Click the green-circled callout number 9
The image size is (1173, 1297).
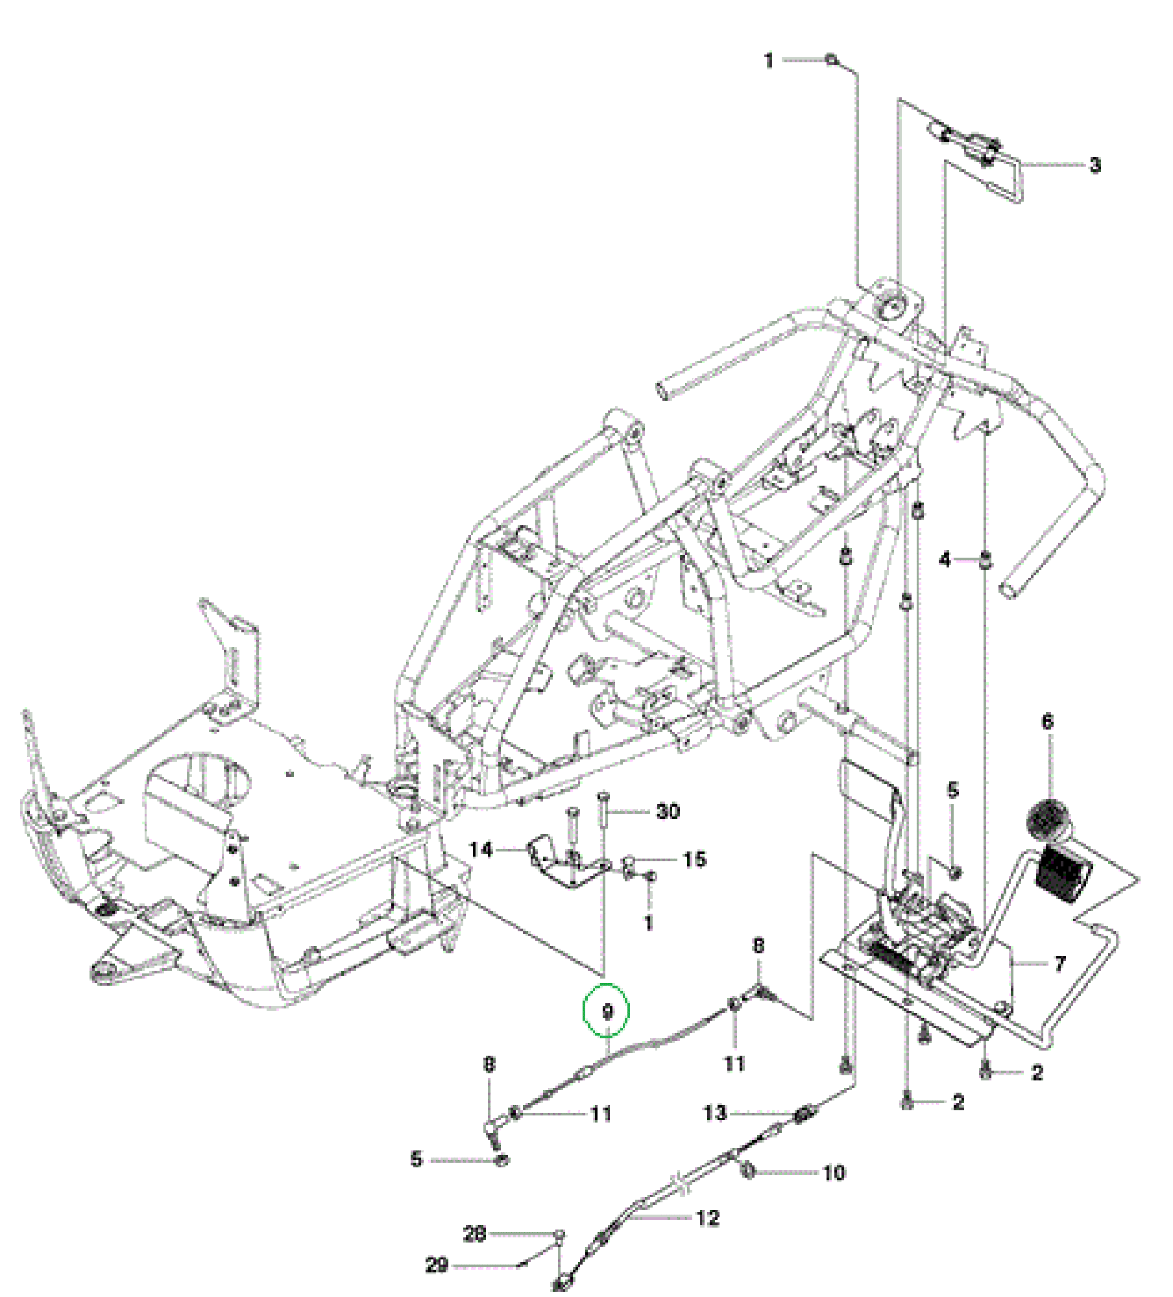pyautogui.click(x=607, y=1012)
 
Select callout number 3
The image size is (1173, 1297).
pyautogui.click(x=1095, y=165)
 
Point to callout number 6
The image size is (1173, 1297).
pyautogui.click(x=1048, y=722)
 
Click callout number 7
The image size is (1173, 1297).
pyautogui.click(x=1060, y=964)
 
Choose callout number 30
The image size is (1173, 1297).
pyautogui.click(x=668, y=811)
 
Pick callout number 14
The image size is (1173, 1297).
pyautogui.click(x=481, y=850)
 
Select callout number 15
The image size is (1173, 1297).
pyautogui.click(x=694, y=859)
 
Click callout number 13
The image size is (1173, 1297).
pyautogui.click(x=715, y=1113)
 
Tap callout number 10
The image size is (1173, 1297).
pyautogui.click(x=834, y=1172)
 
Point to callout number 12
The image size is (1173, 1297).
pyautogui.click(x=708, y=1218)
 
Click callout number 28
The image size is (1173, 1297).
pyautogui.click(x=474, y=1233)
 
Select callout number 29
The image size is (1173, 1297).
pyautogui.click(x=437, y=1265)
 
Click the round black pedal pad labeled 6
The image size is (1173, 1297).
pyautogui.click(x=1046, y=822)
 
